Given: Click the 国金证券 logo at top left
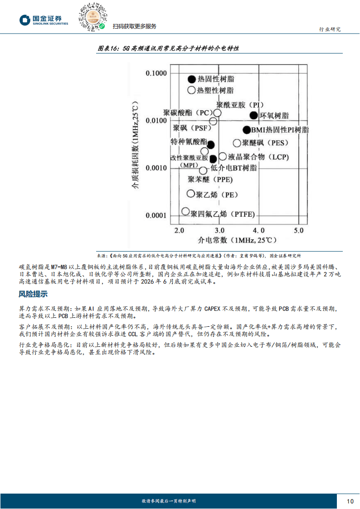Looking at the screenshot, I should (x=44, y=20).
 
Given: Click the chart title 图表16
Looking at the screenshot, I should (x=168, y=48).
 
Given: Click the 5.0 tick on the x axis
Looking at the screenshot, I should (x=298, y=230).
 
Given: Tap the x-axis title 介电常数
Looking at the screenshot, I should (x=237, y=240).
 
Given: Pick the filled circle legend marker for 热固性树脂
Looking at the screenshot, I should (x=192, y=79).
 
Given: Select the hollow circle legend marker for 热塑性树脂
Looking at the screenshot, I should (x=192, y=90).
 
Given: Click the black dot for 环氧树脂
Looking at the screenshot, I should (x=254, y=115).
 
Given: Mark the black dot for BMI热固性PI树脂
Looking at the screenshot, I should (x=247, y=130).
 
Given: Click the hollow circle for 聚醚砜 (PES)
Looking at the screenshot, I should (x=237, y=143).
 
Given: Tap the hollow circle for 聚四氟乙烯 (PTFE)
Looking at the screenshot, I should (x=185, y=211).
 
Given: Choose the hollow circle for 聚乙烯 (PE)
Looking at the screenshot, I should (x=191, y=194).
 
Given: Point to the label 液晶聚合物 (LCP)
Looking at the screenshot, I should (x=257, y=157).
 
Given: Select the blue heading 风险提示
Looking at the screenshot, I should (x=33, y=294).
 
